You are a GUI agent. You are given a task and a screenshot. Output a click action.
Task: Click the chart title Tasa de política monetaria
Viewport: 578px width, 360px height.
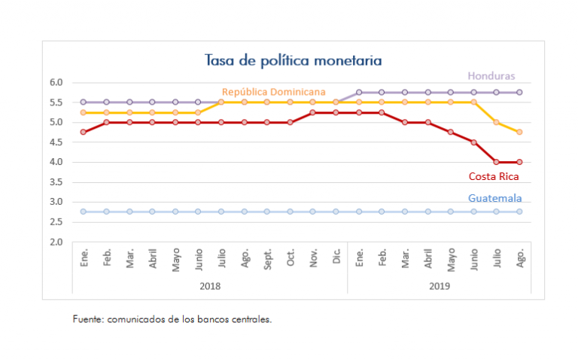pyautogui.click(x=293, y=60)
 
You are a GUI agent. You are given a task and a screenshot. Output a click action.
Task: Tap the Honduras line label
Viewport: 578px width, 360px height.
pyautogui.click(x=491, y=76)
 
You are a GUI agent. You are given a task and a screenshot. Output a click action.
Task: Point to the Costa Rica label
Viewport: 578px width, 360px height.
pyautogui.click(x=494, y=177)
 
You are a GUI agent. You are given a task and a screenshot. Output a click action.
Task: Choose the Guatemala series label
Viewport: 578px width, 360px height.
pyautogui.click(x=494, y=198)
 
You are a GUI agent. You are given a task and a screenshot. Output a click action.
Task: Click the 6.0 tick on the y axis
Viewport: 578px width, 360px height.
pyautogui.click(x=56, y=82)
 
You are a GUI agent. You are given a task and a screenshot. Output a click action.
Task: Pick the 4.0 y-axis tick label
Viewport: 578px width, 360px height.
pyautogui.click(x=56, y=162)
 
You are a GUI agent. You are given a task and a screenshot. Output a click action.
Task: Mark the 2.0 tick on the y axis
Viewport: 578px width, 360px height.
pyautogui.click(x=56, y=242)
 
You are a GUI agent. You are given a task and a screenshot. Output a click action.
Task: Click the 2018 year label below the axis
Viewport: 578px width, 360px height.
pyautogui.click(x=210, y=286)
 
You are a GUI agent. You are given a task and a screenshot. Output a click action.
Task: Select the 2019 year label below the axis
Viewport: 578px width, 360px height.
pyautogui.click(x=439, y=286)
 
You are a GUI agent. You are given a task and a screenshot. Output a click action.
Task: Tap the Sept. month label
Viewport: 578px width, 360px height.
pyautogui.click(x=267, y=259)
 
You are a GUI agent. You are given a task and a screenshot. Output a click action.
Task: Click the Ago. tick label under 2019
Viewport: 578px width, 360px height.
pyautogui.click(x=519, y=259)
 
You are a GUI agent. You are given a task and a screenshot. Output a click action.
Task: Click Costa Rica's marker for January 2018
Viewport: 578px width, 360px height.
pyautogui.click(x=84, y=132)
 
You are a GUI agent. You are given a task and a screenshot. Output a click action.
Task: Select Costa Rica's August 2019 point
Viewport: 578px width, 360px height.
pyautogui.click(x=519, y=162)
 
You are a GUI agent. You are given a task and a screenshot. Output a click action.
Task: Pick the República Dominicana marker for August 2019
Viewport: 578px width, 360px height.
pyautogui.click(x=519, y=132)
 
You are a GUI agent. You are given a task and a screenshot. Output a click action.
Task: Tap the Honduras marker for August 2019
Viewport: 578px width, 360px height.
pyautogui.click(x=519, y=92)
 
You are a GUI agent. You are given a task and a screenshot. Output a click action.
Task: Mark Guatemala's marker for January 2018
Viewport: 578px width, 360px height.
pyautogui.click(x=84, y=212)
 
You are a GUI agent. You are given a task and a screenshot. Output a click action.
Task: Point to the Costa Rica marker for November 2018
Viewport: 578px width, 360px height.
pyautogui.click(x=313, y=112)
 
